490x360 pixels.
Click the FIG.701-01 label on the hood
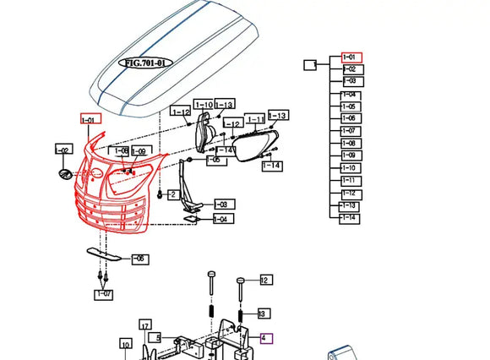pyautogui.click(x=147, y=63)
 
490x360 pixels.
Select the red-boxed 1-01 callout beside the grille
pyautogui.click(x=90, y=121)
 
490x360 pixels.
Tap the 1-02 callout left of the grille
pyautogui.click(x=63, y=150)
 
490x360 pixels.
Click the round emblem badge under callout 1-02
pyautogui.click(x=64, y=174)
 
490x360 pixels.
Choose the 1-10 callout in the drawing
pyautogui.click(x=204, y=106)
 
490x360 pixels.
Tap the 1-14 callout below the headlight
pyautogui.click(x=271, y=166)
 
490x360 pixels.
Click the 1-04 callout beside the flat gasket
pyautogui.click(x=220, y=220)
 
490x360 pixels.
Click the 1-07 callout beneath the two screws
pyautogui.click(x=103, y=294)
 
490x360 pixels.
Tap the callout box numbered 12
pyautogui.click(x=264, y=280)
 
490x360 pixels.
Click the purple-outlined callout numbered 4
pyautogui.click(x=266, y=338)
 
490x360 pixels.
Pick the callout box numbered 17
pyautogui.click(x=145, y=325)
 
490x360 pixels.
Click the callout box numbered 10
pyautogui.click(x=125, y=344)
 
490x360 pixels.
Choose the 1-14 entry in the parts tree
pyautogui.click(x=350, y=218)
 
